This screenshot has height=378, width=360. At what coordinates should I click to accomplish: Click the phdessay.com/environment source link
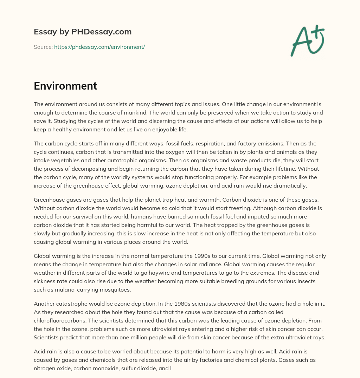tap(99, 47)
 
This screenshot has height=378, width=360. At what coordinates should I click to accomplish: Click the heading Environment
tap(65, 86)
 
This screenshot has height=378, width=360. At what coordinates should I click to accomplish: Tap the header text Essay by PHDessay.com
tap(83, 32)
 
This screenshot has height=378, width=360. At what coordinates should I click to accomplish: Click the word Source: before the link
tap(43, 47)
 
